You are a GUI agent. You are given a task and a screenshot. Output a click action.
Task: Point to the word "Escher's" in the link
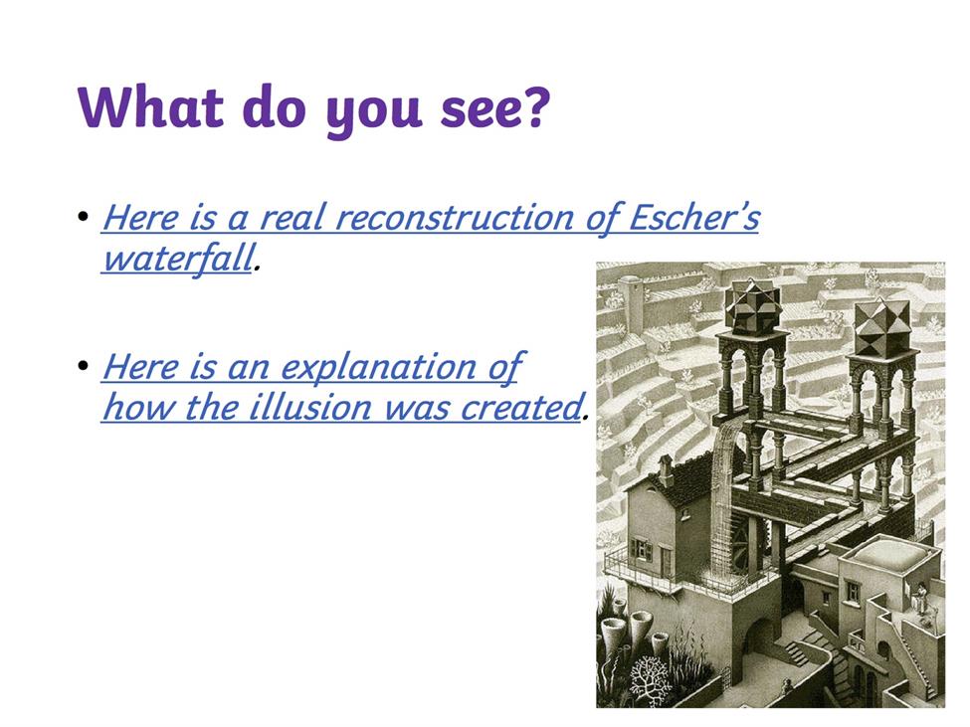pos(694,217)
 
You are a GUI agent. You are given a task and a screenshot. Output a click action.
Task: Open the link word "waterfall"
pos(178,258)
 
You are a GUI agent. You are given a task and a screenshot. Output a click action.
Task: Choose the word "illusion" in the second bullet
pos(310,408)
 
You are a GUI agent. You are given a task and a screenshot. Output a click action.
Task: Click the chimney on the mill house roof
pos(665,471)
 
